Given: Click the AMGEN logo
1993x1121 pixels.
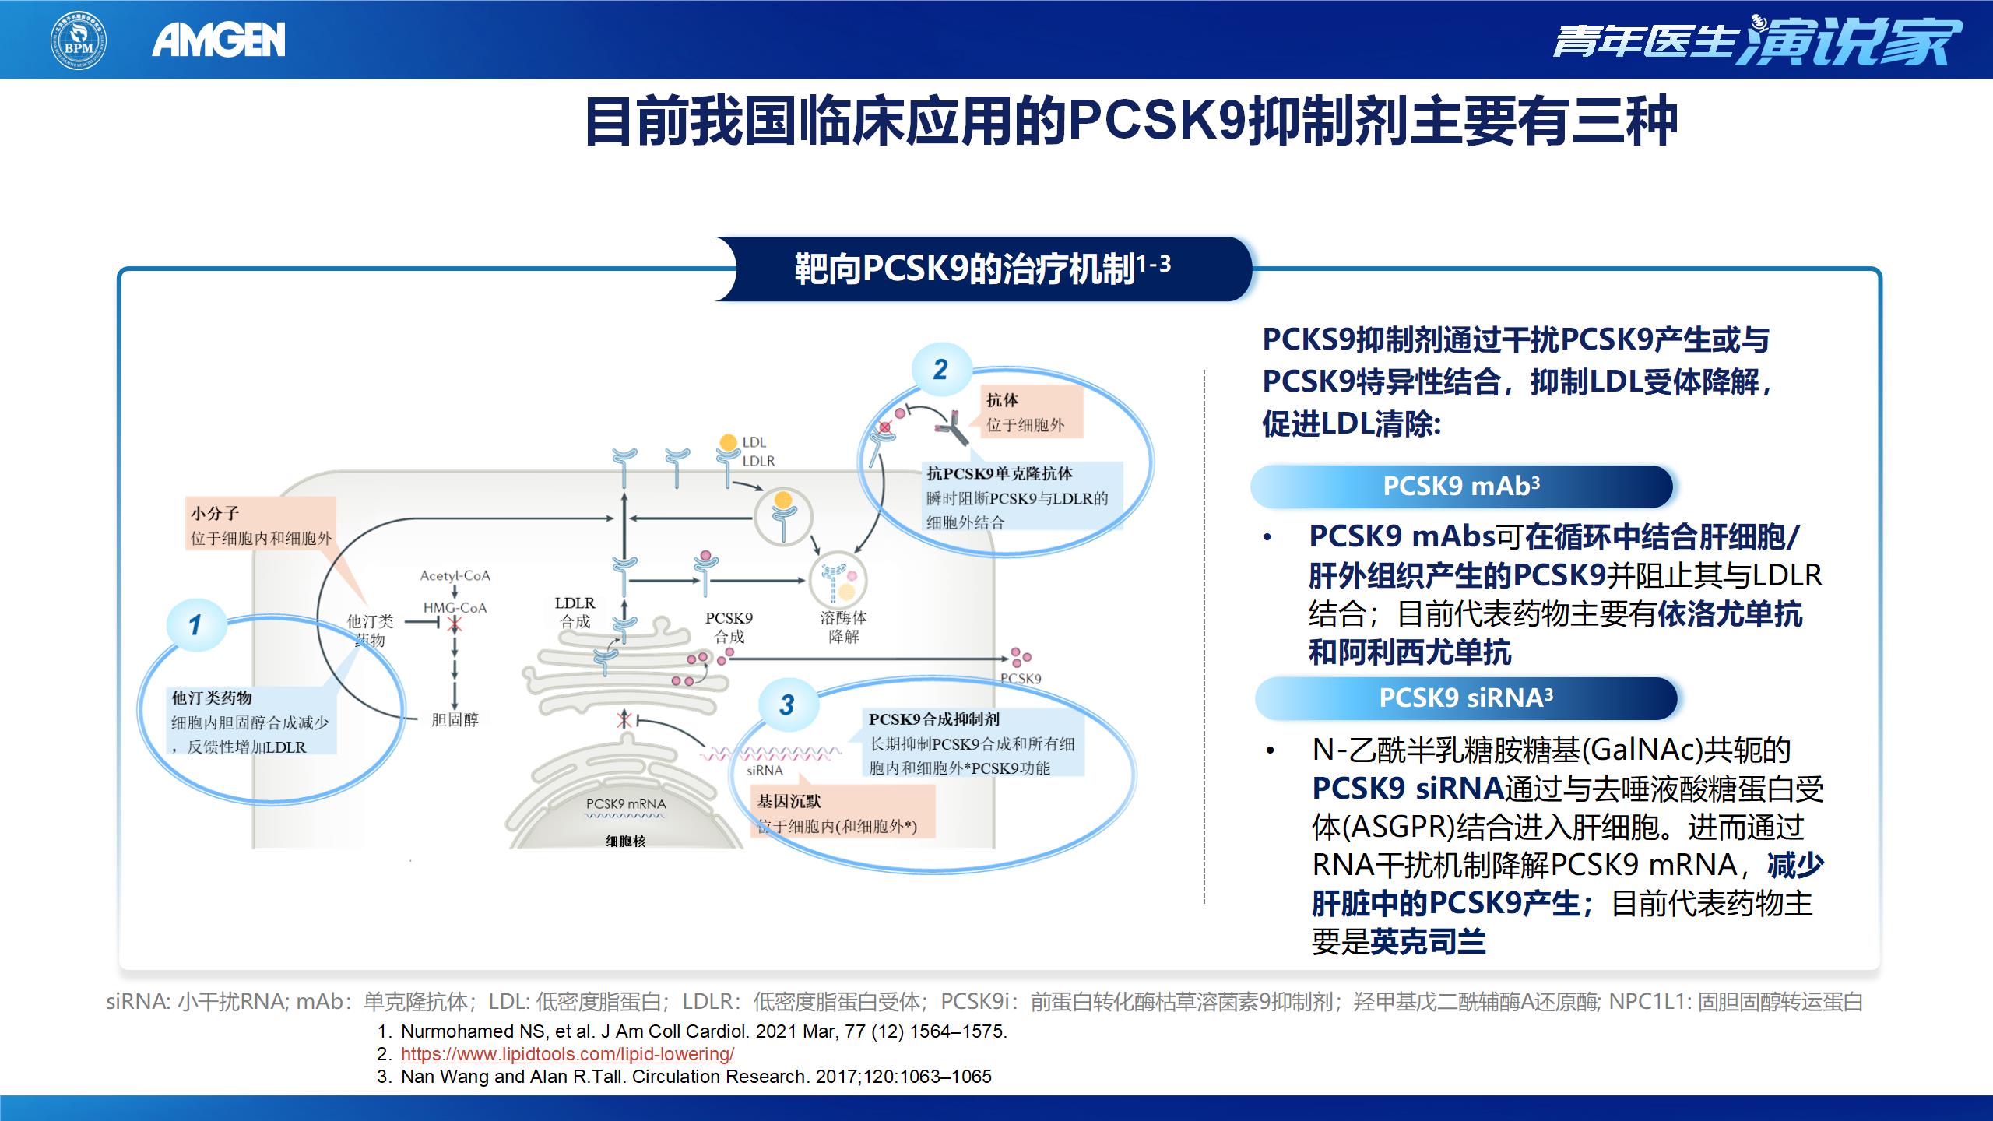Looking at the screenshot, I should [x=219, y=40].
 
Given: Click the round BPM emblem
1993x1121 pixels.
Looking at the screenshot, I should [x=79, y=40].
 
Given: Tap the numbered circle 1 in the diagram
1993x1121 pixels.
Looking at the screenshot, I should [x=195, y=624].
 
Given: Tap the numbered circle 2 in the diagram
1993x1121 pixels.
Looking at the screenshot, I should [x=940, y=370].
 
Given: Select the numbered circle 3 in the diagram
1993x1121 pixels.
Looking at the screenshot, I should [x=787, y=705].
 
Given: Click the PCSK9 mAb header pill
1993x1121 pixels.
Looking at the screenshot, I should [x=1461, y=487].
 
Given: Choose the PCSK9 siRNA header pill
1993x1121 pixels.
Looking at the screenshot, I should [x=1465, y=698].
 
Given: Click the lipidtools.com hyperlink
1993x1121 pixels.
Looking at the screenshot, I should [x=568, y=1054].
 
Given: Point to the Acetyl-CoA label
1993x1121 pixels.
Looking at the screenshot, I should [x=455, y=576].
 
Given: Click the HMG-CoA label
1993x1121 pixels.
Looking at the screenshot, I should [x=455, y=608].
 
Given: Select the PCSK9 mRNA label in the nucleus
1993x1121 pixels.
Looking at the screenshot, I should [x=626, y=804].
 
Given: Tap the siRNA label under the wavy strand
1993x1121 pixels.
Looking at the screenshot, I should [x=765, y=771].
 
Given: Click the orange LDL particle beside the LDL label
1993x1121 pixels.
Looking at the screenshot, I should [x=728, y=442].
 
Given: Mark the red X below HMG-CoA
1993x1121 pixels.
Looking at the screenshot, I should [x=455, y=624].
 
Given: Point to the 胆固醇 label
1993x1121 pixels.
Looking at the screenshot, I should [x=455, y=720].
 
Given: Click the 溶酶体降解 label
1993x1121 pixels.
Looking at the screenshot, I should [x=843, y=627].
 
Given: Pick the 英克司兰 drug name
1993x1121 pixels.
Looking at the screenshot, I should [x=1427, y=943].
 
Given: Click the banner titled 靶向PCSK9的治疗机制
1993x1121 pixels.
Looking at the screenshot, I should [x=982, y=269].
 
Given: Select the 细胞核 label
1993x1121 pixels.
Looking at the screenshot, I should [x=626, y=842].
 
